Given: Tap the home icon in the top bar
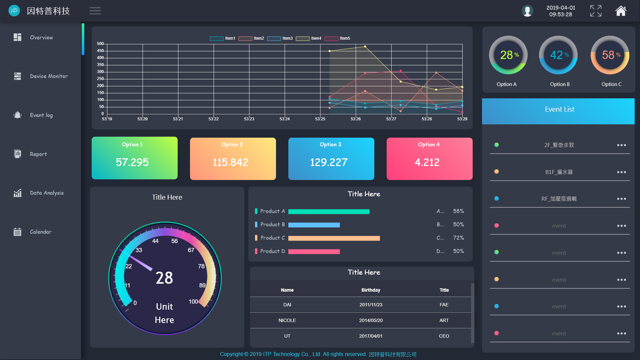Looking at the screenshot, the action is point(621,11).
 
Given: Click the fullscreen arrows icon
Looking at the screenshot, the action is point(596,11).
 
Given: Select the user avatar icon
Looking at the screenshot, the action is point(527,11).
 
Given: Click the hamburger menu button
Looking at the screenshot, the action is point(95,11).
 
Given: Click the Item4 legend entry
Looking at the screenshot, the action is point(309,38).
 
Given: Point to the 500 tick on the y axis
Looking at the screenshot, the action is point(100,44).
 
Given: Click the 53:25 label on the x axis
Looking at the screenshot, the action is point(320,119).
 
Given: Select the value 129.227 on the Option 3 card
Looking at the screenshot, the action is point(329,162).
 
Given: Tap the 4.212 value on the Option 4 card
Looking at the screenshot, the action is point(427,162).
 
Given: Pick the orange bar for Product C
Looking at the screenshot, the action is point(334,238).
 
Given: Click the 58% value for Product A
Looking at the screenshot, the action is point(458,211).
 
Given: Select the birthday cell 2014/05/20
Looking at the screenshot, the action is point(371,320).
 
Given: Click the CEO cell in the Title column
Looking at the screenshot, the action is point(444,336).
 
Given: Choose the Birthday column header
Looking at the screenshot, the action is point(371,290).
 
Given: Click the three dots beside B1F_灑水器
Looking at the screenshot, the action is point(621,172).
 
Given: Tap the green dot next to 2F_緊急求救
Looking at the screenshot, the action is point(496,145).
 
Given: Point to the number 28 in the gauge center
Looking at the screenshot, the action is point(164,278).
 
